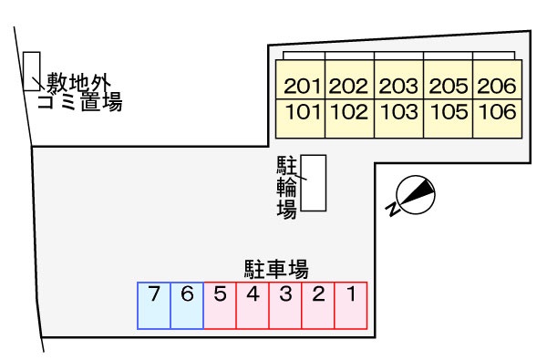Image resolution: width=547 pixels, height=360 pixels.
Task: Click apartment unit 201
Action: click(x=301, y=87)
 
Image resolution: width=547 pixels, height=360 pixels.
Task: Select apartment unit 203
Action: click(x=398, y=87)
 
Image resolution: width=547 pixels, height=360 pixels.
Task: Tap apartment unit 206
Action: click(x=497, y=87)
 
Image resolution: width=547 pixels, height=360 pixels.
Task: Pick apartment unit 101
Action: click(x=301, y=114)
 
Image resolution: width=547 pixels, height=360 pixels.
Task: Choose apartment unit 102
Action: click(x=349, y=114)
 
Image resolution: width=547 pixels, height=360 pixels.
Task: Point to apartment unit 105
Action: click(x=448, y=114)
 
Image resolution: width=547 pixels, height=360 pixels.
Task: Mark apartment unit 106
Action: click(x=497, y=114)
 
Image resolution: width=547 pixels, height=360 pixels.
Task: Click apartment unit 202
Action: click(x=349, y=87)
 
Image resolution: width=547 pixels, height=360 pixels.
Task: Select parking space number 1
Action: click(x=350, y=305)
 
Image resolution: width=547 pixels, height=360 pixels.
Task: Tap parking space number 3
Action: click(x=285, y=305)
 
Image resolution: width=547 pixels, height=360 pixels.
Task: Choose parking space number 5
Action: click(x=220, y=305)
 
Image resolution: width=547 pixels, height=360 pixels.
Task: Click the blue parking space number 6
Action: click(x=187, y=305)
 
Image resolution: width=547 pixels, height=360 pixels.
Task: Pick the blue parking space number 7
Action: click(x=154, y=305)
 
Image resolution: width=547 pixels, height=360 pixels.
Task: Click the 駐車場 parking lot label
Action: click(x=275, y=269)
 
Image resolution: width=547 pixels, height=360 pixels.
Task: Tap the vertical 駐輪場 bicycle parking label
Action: click(x=286, y=188)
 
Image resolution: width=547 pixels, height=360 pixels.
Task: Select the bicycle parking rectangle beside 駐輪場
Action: click(x=314, y=183)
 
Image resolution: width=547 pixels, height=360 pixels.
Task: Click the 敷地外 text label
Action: click(x=78, y=81)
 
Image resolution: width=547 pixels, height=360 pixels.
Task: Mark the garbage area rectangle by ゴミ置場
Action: click(x=31, y=71)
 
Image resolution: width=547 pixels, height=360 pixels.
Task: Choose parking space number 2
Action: click(x=318, y=305)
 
